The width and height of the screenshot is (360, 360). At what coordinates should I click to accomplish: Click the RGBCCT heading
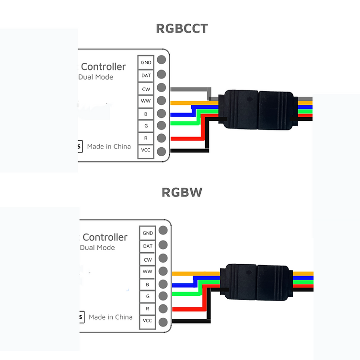click(x=182, y=28)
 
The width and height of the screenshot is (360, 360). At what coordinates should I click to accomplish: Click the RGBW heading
click(x=182, y=193)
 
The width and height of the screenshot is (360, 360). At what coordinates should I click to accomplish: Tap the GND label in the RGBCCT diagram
click(x=146, y=62)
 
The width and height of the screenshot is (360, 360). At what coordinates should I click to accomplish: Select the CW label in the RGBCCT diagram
click(x=146, y=89)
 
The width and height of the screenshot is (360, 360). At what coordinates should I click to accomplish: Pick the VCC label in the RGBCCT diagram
click(x=146, y=151)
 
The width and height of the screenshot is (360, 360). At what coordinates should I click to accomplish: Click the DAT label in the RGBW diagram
click(x=148, y=246)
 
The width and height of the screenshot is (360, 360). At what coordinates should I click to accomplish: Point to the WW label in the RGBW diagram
click(x=148, y=272)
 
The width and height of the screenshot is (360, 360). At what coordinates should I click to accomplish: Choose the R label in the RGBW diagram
click(x=148, y=309)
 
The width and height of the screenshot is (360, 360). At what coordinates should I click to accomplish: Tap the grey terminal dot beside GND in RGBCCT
click(x=162, y=60)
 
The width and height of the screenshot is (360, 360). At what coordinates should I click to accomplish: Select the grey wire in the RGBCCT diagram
click(x=192, y=89)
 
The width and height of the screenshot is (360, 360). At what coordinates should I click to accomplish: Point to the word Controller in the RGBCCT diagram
click(x=104, y=67)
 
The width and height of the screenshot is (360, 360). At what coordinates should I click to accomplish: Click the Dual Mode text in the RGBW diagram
click(x=97, y=247)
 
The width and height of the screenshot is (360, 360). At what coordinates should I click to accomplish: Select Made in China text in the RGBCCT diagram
click(x=109, y=146)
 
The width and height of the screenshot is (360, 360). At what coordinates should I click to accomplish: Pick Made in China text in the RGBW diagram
click(x=110, y=317)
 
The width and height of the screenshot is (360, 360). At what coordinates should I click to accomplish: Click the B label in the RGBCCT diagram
click(x=146, y=114)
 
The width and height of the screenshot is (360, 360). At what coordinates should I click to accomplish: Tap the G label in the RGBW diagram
click(x=148, y=297)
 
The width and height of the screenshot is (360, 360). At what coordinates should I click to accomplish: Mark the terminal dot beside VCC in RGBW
click(x=163, y=322)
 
